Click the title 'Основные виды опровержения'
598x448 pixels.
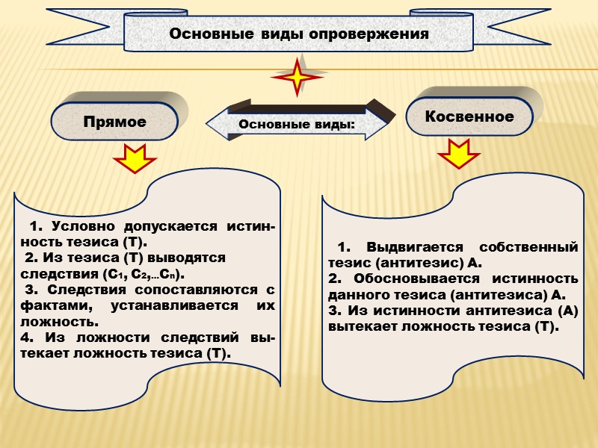coord(299,34)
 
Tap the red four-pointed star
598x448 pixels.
coord(299,76)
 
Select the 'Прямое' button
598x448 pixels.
coord(114,122)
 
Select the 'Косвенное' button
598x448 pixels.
coord(469,116)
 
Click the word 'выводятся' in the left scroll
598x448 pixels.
coord(190,258)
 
